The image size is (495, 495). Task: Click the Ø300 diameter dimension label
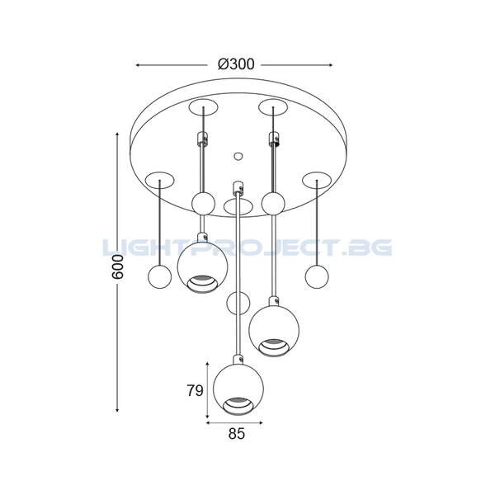pyautogui.click(x=236, y=64)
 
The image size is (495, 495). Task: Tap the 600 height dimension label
pyautogui.click(x=118, y=267)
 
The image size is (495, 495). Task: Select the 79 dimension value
pyautogui.click(x=195, y=390)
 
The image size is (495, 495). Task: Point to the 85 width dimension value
pyautogui.click(x=237, y=434)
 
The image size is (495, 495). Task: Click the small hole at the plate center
pyautogui.click(x=238, y=156)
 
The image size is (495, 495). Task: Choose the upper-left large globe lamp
pyautogui.click(x=202, y=267)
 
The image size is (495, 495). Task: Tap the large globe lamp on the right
pyautogui.click(x=274, y=331)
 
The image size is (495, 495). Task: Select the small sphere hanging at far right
pyautogui.click(x=317, y=277)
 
